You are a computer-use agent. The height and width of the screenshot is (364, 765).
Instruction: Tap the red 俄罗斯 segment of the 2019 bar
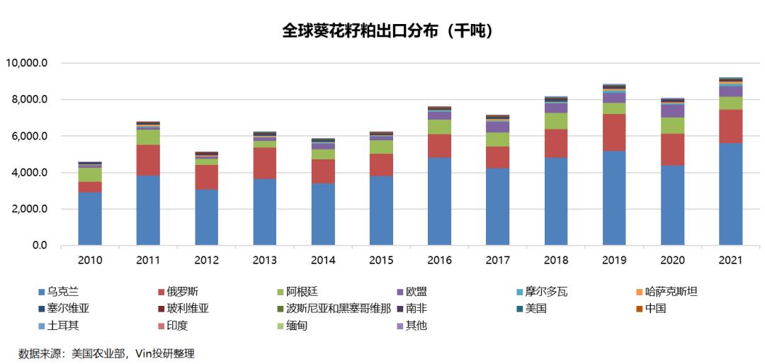point(614,132)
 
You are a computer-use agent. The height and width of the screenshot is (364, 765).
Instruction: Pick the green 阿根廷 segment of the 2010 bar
point(90,174)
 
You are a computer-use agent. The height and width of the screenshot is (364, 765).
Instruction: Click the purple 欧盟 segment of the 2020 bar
point(672,110)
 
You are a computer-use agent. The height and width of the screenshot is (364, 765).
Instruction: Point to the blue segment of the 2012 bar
point(206,217)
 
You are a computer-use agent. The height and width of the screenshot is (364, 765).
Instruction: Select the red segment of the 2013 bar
point(264,163)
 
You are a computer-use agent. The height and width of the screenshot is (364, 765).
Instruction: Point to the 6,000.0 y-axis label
point(28,136)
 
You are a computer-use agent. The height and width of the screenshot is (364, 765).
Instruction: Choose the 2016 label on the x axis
point(439,261)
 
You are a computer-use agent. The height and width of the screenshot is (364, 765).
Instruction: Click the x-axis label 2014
point(323,261)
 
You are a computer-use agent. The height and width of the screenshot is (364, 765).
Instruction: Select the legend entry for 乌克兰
point(63,291)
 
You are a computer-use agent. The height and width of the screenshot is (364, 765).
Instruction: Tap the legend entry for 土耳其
point(63,326)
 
